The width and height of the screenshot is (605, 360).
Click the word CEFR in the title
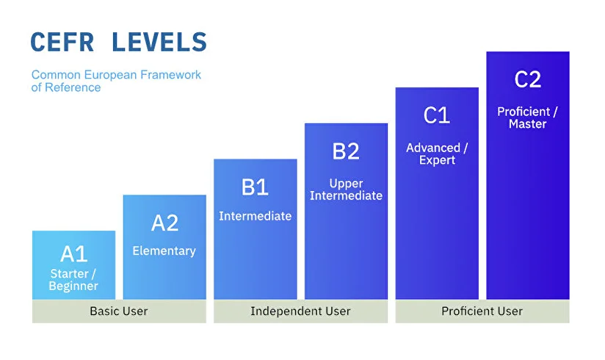point(62,42)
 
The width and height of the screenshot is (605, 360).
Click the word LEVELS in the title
point(159,42)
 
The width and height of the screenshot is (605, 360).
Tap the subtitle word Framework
point(170,74)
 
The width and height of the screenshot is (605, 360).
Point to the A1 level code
point(73,253)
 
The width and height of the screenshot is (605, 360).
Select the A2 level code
point(164,223)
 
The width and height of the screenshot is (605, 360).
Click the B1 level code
point(255,187)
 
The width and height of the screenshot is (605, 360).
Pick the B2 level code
point(346,151)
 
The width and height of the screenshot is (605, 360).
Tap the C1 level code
point(437,115)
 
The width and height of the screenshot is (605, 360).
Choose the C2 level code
point(528,79)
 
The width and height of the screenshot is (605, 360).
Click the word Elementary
point(164,251)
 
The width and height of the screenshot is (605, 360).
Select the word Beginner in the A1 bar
point(73,287)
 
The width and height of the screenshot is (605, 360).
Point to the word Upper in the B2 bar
point(346,184)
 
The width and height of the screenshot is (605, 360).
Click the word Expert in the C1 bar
point(437,160)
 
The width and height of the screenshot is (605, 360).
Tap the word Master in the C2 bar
point(527,124)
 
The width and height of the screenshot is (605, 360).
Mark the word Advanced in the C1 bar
point(433,148)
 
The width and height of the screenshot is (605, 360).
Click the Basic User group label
point(119,311)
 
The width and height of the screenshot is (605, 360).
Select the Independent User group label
point(300,311)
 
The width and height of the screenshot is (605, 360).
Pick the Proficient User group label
point(482,311)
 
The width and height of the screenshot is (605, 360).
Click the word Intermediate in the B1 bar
point(255,216)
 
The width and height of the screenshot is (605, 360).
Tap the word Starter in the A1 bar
point(70,274)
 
